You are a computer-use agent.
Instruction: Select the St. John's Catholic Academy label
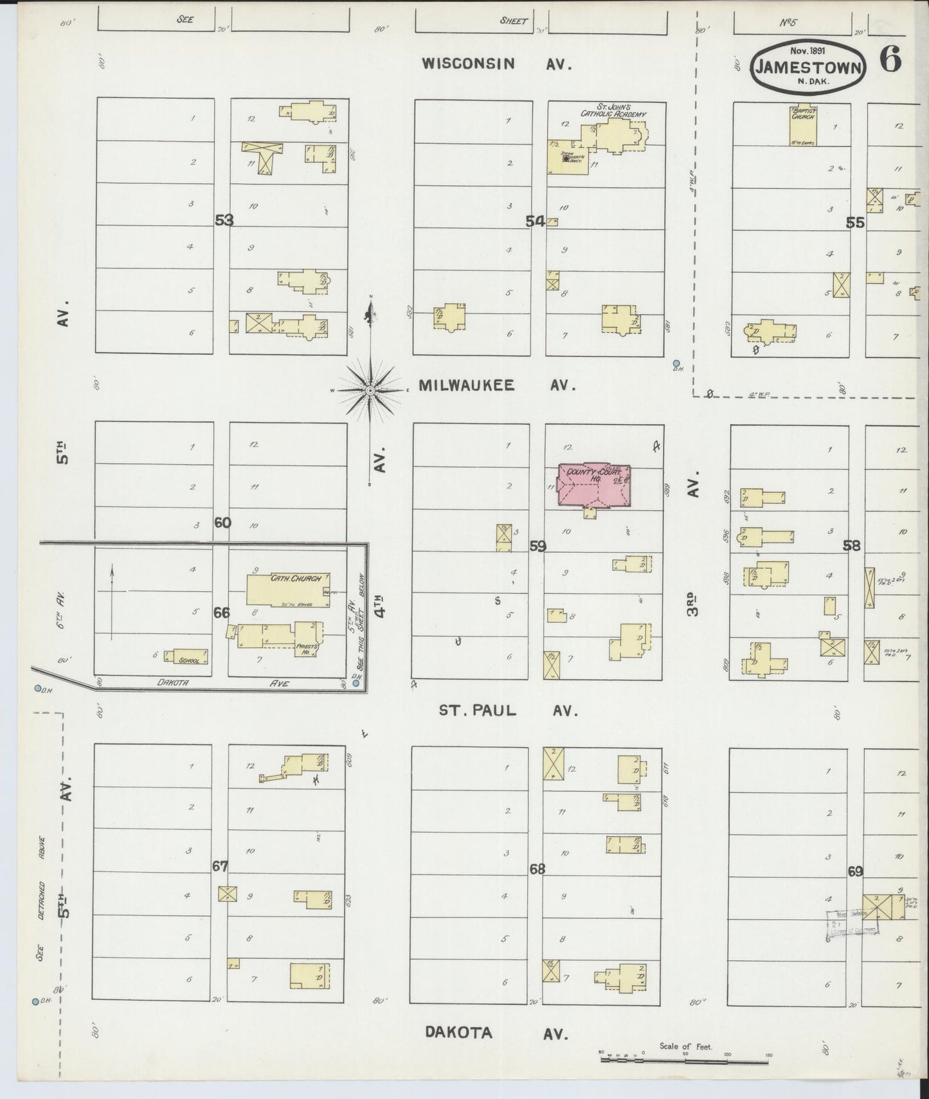click(x=613, y=110)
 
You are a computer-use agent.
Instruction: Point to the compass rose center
click(x=370, y=390)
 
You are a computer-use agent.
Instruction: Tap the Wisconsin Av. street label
click(x=496, y=63)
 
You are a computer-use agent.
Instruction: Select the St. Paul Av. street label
click(x=508, y=711)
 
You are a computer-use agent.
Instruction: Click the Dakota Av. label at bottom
click(x=496, y=1033)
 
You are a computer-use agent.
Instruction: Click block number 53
click(x=224, y=220)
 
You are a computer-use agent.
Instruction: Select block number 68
click(x=537, y=869)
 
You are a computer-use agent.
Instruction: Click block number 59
click(x=537, y=546)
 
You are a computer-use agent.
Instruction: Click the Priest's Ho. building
click(x=282, y=636)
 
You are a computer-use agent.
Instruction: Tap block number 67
click(x=220, y=866)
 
